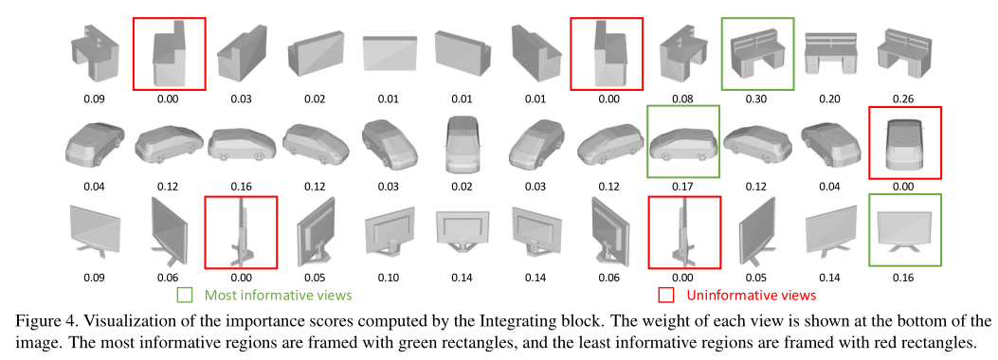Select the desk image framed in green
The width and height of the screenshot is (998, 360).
757,52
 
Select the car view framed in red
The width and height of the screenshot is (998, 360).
905,141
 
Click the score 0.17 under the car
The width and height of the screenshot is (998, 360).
682,187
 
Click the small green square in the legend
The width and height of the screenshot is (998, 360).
187,296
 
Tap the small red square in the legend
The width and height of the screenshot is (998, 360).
667,296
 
